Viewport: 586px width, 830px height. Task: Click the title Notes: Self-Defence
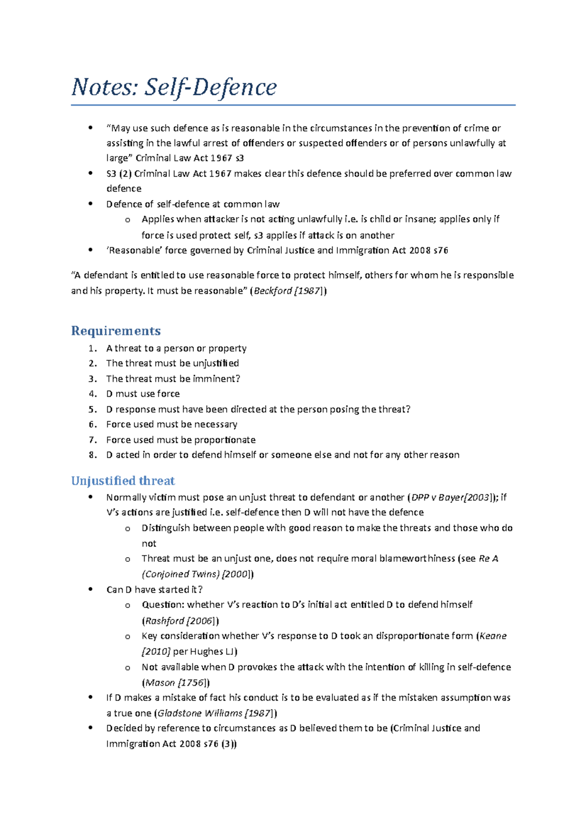[x=174, y=88]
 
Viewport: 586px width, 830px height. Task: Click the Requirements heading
[x=116, y=331]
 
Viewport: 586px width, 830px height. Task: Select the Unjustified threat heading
[x=123, y=481]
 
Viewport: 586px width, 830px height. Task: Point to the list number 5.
[x=92, y=409]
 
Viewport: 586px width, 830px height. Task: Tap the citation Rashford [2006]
[x=180, y=621]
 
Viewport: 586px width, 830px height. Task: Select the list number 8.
[x=92, y=455]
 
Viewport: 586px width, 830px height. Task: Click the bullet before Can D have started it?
[x=90, y=590]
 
